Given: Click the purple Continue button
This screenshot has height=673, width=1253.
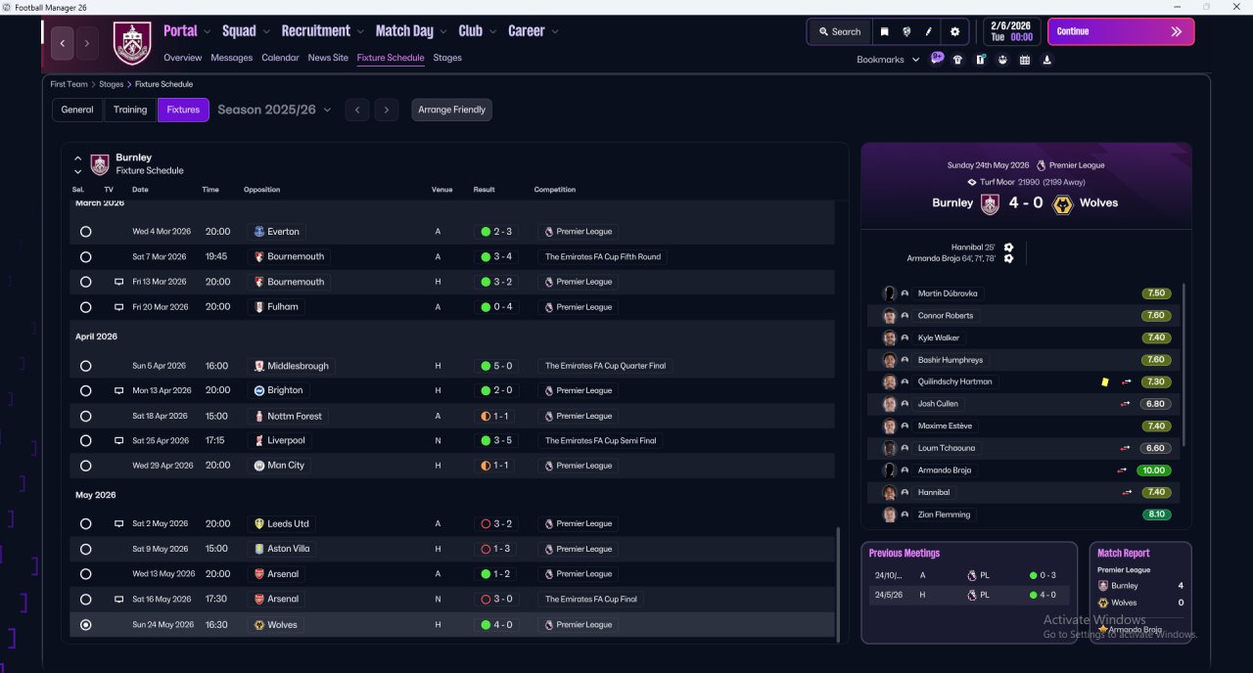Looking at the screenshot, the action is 1121,31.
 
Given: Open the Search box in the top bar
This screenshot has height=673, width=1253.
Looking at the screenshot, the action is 840,32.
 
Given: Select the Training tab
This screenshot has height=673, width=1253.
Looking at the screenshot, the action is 130,110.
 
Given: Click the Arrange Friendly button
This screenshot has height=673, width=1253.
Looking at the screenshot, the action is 451,110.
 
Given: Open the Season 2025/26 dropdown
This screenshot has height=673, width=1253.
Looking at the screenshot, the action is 274,110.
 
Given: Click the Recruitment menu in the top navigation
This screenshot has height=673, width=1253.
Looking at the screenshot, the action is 315,31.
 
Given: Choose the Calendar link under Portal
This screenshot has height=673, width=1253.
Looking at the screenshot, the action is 280,58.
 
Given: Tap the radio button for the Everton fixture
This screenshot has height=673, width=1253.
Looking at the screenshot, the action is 85,232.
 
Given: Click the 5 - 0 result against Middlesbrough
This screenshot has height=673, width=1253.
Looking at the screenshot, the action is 496,366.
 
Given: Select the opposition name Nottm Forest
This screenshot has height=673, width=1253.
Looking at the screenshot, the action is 295,416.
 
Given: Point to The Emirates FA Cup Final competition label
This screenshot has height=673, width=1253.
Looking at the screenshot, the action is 590,600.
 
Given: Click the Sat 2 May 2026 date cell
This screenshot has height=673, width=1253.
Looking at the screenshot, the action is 160,523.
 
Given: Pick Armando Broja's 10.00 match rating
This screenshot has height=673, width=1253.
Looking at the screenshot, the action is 1153,471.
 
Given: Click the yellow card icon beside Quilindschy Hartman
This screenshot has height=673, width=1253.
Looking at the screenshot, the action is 1105,381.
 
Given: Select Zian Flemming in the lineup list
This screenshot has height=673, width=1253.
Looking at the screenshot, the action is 944,515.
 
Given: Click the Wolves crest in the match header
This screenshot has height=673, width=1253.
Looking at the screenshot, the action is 1062,204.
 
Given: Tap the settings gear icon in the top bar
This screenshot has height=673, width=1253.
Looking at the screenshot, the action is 954,32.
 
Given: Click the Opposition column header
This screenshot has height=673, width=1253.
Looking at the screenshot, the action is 261,190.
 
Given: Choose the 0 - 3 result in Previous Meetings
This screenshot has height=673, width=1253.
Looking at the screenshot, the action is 1044,575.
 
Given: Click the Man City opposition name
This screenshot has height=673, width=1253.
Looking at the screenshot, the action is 285,465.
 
